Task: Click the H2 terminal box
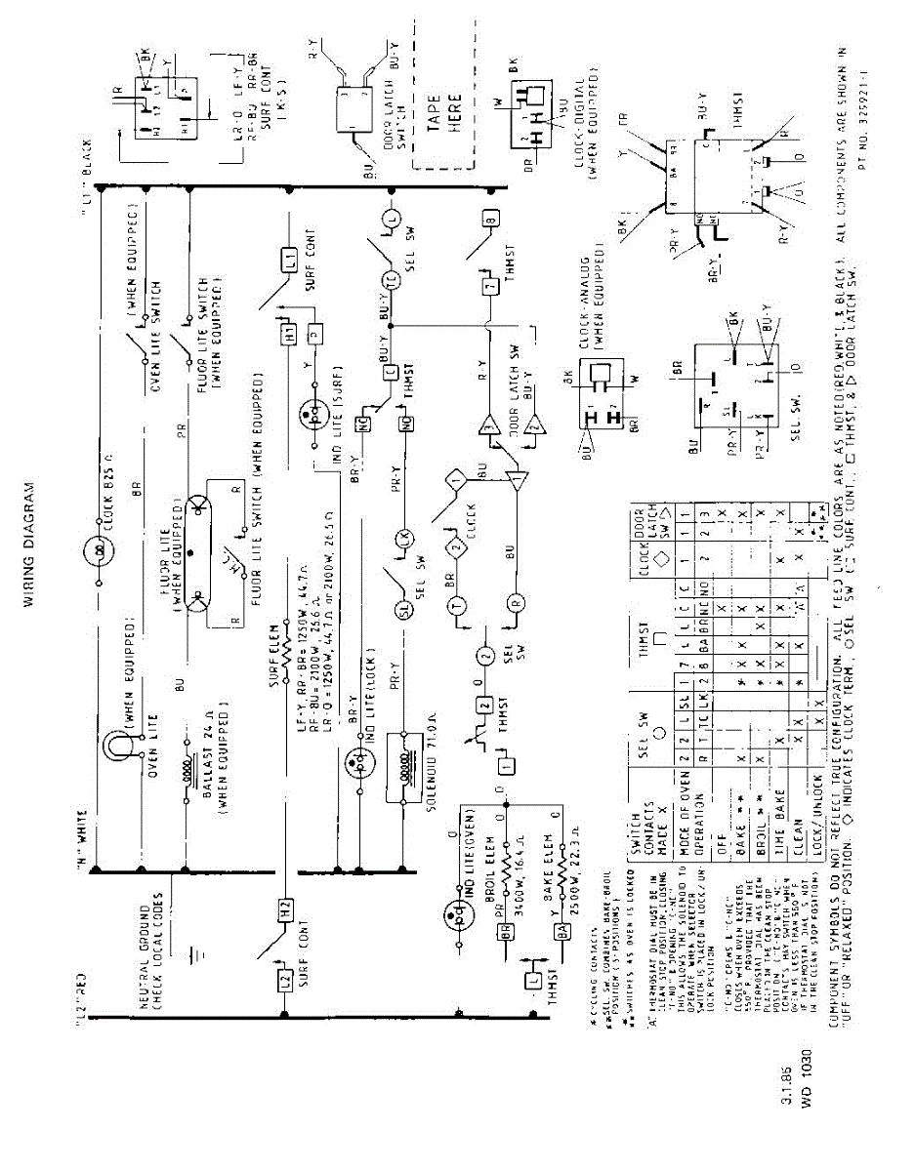coord(285,907)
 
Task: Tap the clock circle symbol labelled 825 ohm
coord(99,549)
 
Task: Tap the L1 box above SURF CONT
coord(290,261)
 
